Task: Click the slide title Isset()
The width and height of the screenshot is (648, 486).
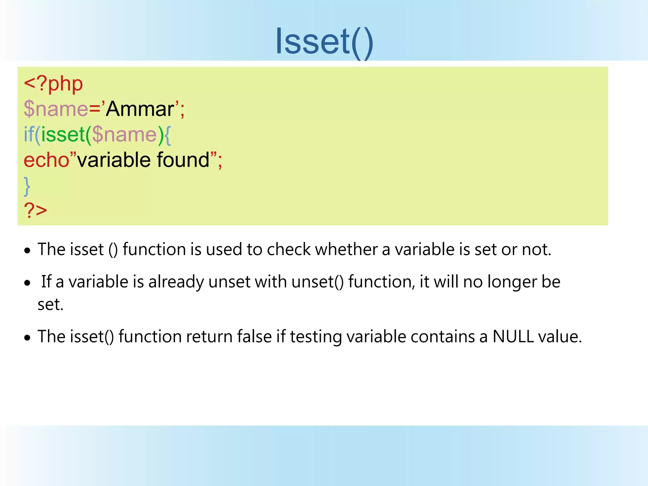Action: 324,41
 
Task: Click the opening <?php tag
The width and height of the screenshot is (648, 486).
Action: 53,84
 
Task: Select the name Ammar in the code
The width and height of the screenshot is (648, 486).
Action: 140,109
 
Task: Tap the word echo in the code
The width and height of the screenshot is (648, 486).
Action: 47,160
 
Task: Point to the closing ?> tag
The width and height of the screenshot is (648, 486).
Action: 35,210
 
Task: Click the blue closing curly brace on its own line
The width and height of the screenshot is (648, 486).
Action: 27,186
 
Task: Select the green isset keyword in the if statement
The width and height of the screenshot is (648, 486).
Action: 63,134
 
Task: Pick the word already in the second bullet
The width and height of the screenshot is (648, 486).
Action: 176,282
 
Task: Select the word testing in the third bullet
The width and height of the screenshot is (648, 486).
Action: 316,337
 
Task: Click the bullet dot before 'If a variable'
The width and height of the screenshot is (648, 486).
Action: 28,283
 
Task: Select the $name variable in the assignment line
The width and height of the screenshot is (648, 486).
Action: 56,109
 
